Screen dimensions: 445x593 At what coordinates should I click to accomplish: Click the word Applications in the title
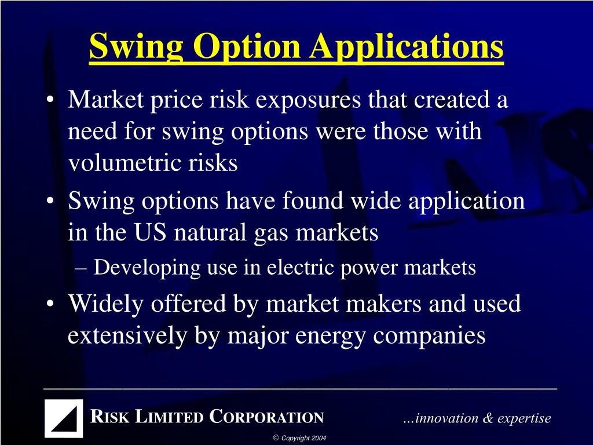point(405,48)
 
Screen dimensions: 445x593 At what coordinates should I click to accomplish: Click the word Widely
point(105,304)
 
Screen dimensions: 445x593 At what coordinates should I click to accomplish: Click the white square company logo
point(64,418)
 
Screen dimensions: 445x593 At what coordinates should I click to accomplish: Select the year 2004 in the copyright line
point(319,438)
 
